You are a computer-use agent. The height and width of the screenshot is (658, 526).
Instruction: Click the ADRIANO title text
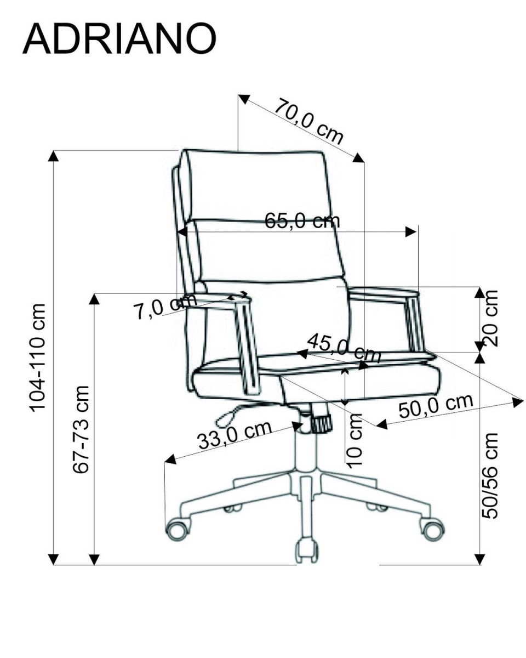pyautogui.click(x=119, y=39)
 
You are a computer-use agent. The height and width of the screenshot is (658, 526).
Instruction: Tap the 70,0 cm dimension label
pyautogui.click(x=308, y=121)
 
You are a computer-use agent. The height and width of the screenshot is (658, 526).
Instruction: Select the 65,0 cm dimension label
pyautogui.click(x=302, y=220)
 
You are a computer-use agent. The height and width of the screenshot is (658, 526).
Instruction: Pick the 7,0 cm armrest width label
pyautogui.click(x=164, y=306)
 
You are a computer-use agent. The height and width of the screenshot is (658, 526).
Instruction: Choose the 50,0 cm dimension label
pyautogui.click(x=436, y=406)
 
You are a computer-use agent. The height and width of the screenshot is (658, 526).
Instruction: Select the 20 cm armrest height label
pyautogui.click(x=489, y=317)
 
